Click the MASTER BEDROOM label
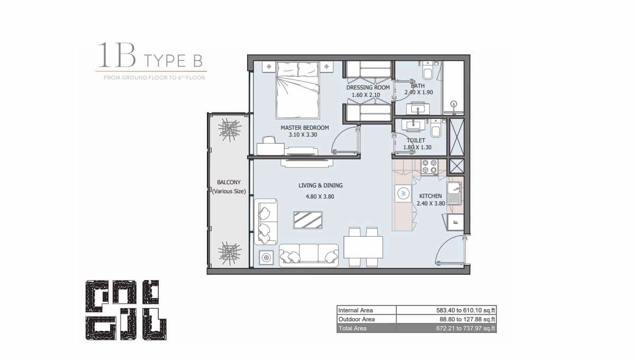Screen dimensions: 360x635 point(305,128)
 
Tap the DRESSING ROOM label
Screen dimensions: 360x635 point(368,87)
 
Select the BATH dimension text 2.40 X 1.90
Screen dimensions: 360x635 point(419,92)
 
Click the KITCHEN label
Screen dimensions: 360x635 point(430,196)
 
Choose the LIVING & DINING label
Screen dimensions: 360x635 point(320,185)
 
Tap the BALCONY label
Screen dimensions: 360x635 point(229,182)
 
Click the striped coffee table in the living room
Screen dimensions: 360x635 point(308,220)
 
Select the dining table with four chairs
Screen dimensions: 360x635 point(363,247)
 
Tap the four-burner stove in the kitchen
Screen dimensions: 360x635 point(428,167)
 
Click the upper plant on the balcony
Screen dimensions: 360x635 point(230,129)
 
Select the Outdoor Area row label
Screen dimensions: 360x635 point(357,319)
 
